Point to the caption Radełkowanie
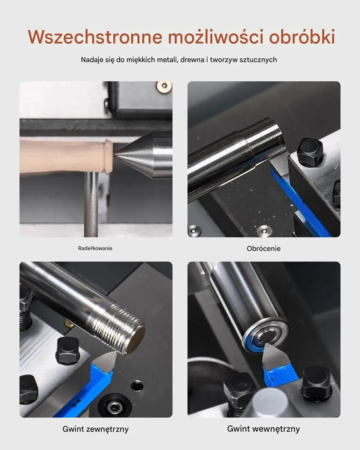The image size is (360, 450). click(x=95, y=248)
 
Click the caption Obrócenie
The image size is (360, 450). click(x=264, y=248)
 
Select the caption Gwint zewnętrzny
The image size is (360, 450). click(x=95, y=429)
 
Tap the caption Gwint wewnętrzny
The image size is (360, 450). click(x=263, y=429)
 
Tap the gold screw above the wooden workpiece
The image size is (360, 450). click(x=164, y=86)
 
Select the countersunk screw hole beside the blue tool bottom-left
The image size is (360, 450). click(x=114, y=407)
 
